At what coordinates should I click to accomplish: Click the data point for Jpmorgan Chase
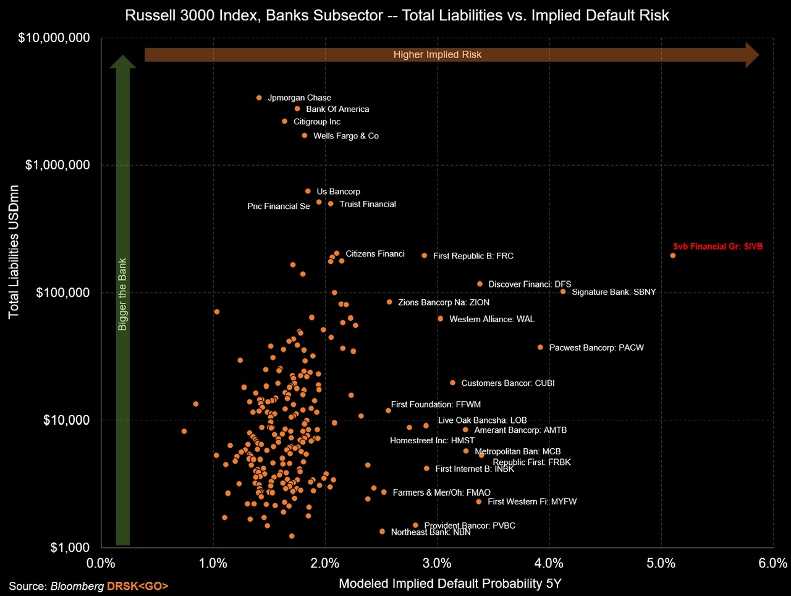(x=259, y=98)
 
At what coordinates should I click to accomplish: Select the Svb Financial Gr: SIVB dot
(x=673, y=255)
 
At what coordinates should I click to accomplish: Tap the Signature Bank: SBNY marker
(x=563, y=292)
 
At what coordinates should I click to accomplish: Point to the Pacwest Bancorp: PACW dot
(x=541, y=347)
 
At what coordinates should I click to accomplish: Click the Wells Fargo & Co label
(x=345, y=136)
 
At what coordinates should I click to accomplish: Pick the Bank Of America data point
(x=297, y=109)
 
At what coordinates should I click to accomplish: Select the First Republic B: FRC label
(x=473, y=256)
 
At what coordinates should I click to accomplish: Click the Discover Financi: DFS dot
(x=480, y=284)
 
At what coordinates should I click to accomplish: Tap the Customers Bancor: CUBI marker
(x=452, y=383)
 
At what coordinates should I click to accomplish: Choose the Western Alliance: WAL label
(x=491, y=319)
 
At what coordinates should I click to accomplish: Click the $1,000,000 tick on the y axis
(x=57, y=165)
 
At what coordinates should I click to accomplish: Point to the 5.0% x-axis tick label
(x=661, y=563)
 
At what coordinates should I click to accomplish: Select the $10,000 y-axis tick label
(x=66, y=420)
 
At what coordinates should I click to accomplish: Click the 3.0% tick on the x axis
(x=437, y=563)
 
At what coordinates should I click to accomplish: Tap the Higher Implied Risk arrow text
(x=437, y=54)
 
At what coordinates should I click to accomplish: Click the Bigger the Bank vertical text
(x=122, y=294)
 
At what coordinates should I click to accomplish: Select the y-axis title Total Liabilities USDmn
(x=14, y=252)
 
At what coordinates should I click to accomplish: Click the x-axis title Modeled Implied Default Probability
(x=450, y=583)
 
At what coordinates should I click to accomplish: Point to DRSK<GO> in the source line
(x=137, y=586)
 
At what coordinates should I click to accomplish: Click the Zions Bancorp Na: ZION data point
(x=389, y=302)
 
